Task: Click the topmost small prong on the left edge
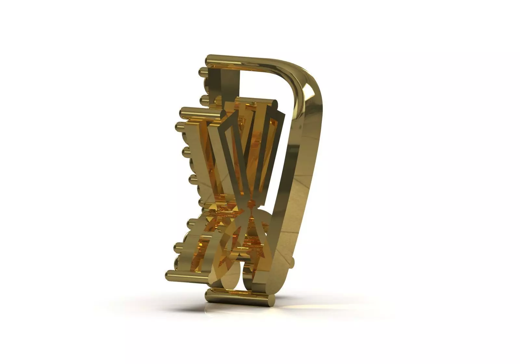click(203, 71)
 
